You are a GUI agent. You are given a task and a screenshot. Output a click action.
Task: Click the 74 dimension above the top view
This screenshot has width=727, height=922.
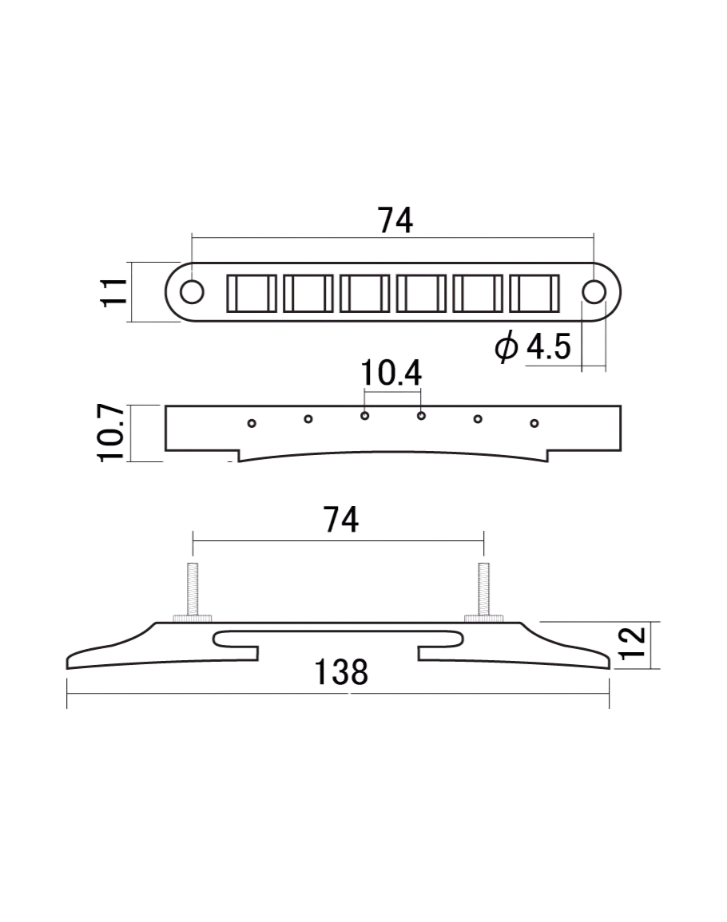[395, 220]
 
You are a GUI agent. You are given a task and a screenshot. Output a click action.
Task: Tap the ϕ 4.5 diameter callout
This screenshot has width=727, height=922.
[533, 347]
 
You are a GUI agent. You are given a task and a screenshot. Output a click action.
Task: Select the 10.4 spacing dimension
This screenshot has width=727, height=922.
[391, 373]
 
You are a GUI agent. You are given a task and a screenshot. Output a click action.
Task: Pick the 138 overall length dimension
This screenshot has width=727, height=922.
[341, 672]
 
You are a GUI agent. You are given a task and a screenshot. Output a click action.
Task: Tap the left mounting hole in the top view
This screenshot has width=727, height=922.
[192, 292]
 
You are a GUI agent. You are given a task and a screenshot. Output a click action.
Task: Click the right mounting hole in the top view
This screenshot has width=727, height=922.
[594, 292]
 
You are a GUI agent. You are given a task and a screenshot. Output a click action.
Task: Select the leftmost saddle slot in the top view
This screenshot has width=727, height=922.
[251, 293]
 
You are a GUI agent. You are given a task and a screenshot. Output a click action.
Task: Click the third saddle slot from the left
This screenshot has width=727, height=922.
[364, 293]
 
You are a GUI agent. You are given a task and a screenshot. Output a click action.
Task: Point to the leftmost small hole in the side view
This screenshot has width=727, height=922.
[252, 423]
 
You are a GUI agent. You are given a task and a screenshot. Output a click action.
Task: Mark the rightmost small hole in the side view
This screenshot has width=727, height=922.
[534, 422]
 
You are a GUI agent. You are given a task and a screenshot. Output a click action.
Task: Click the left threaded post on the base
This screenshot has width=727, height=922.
[193, 589]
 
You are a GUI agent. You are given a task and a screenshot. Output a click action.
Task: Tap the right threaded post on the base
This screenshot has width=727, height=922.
[483, 589]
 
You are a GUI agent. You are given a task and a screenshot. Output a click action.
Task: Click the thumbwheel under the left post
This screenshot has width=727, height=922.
[193, 619]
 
